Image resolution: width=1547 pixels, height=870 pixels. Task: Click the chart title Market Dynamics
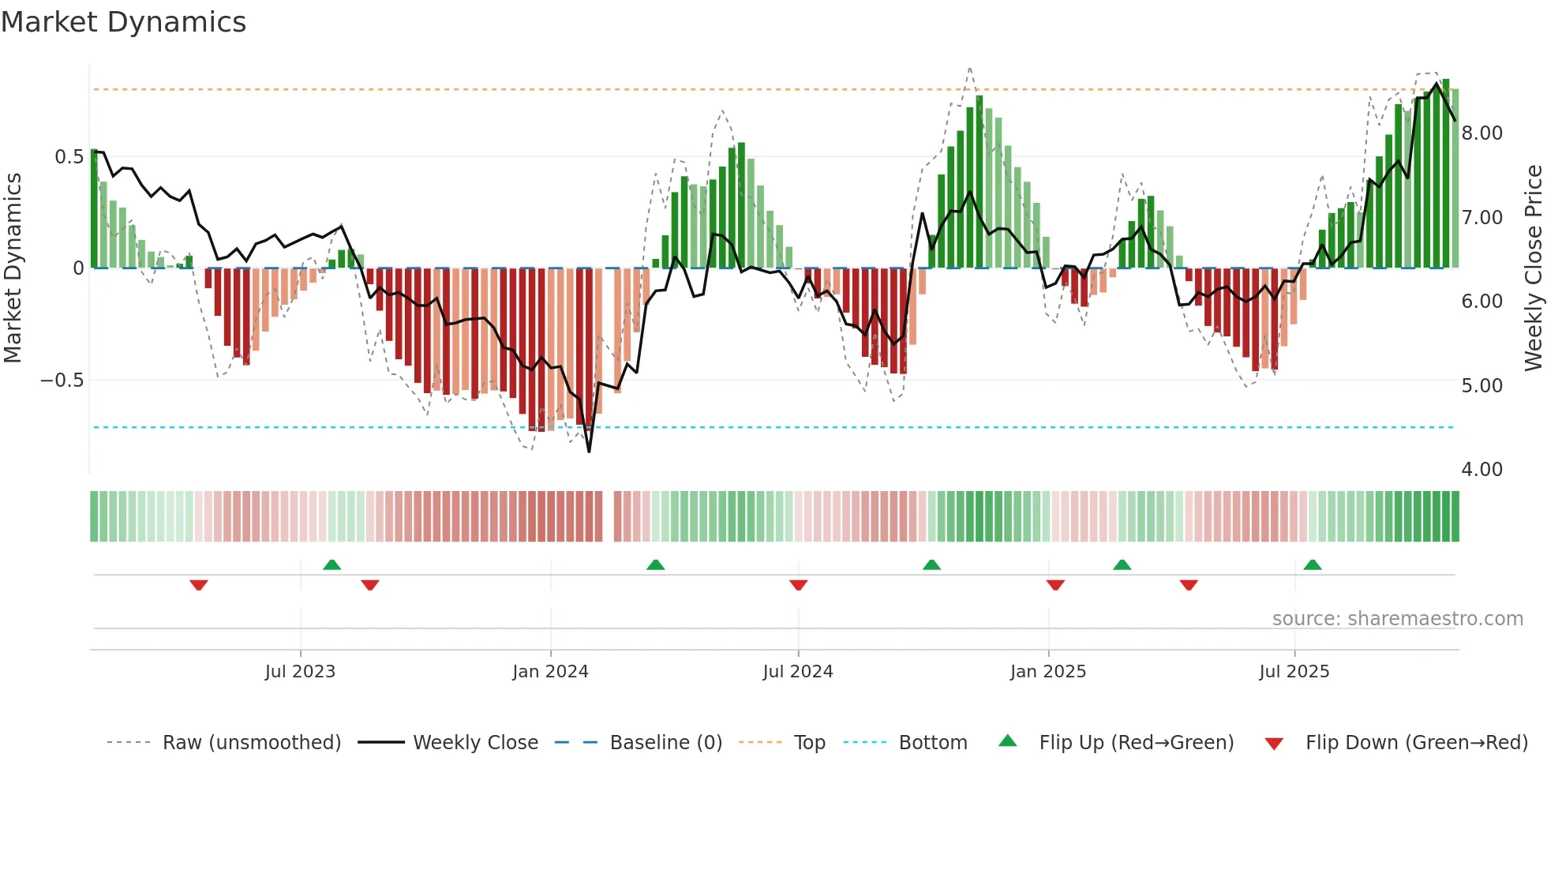pyautogui.click(x=123, y=22)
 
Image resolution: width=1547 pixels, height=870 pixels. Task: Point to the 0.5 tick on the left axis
pyautogui.click(x=69, y=157)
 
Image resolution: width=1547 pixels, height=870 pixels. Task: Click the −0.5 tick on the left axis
pyautogui.click(x=62, y=381)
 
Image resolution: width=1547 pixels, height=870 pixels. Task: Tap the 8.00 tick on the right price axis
pyautogui.click(x=1481, y=133)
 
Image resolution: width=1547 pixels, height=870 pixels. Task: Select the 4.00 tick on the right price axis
pyautogui.click(x=1481, y=470)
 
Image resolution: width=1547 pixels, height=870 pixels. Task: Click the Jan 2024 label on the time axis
pyautogui.click(x=550, y=672)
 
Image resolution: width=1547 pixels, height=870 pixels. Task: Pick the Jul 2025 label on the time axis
pyautogui.click(x=1294, y=672)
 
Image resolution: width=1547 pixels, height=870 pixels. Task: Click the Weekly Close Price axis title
pyautogui.click(x=1533, y=268)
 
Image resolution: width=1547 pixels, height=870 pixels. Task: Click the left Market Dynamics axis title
pyautogui.click(x=13, y=268)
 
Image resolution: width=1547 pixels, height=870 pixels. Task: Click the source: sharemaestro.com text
pyautogui.click(x=1397, y=619)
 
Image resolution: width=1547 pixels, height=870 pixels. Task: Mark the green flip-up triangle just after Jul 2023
pyautogui.click(x=331, y=564)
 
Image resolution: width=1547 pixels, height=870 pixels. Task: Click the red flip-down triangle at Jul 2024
pyautogui.click(x=798, y=585)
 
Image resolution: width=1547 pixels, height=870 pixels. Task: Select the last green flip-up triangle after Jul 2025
pyautogui.click(x=1312, y=564)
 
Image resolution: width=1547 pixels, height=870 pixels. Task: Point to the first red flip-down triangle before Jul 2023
pyautogui.click(x=198, y=585)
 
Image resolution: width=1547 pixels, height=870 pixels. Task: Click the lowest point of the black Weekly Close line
pyautogui.click(x=589, y=452)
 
